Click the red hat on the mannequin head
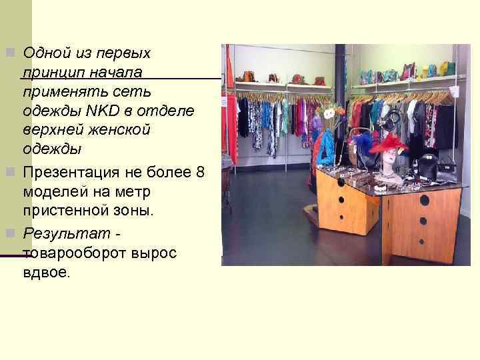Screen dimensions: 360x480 pos(390,143)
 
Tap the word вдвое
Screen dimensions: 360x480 pos(45,273)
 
